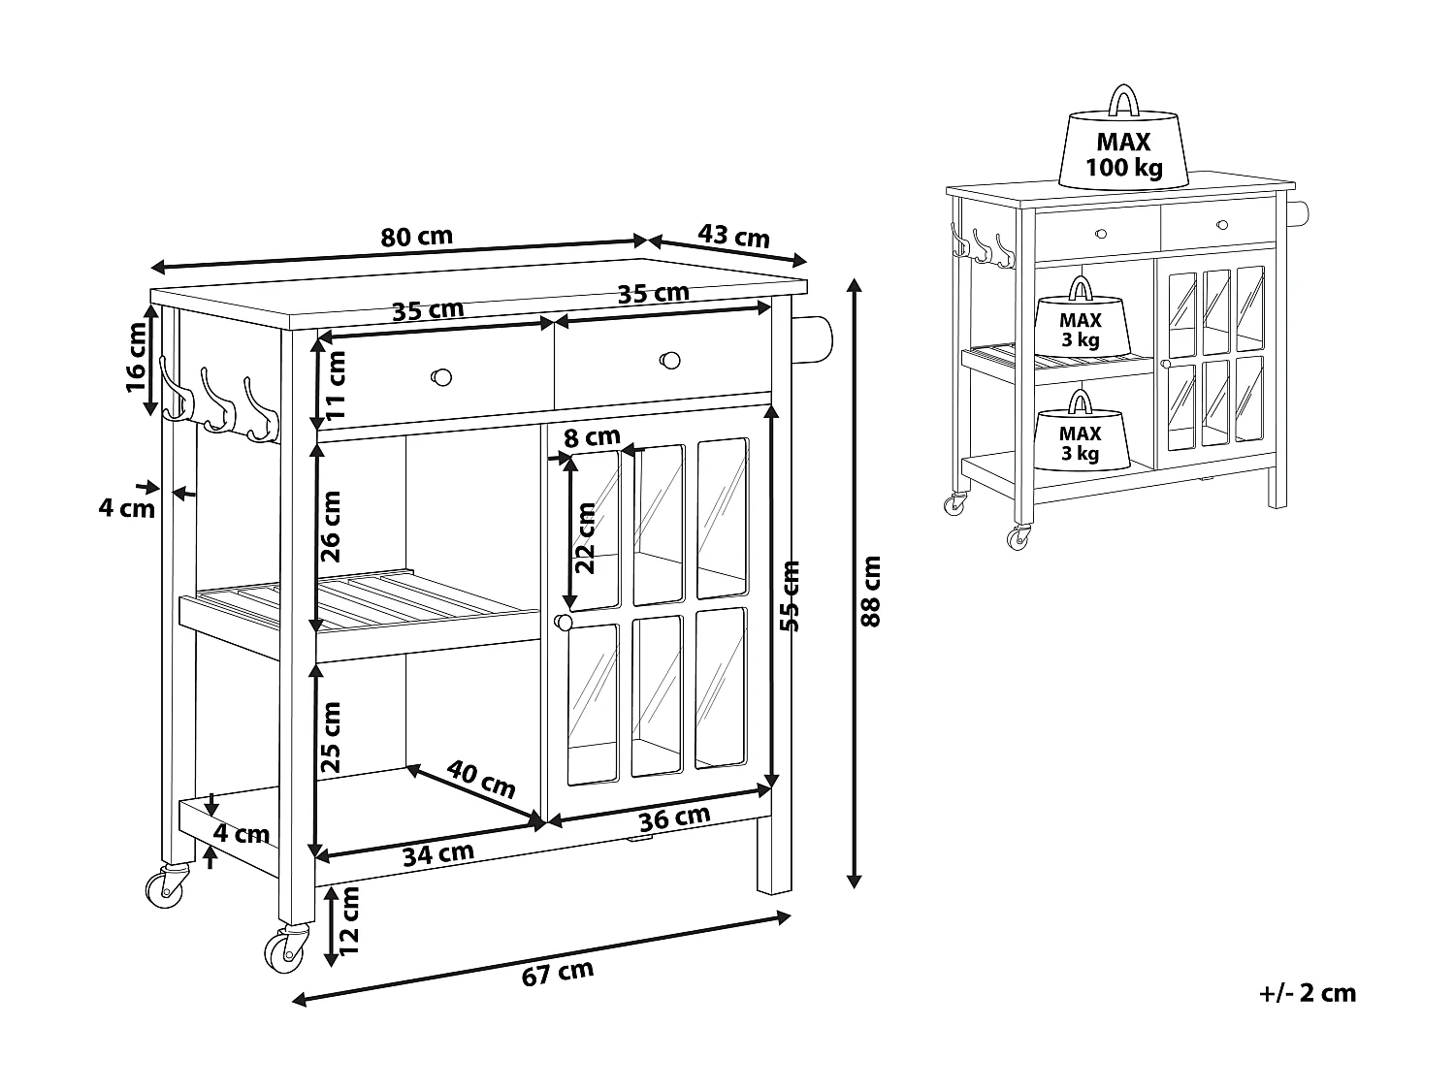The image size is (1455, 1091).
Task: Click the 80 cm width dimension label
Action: (x=416, y=236)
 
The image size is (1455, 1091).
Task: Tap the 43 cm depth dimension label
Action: (x=732, y=236)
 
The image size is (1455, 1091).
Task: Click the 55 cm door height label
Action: (x=791, y=596)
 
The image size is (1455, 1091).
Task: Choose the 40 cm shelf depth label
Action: (x=481, y=779)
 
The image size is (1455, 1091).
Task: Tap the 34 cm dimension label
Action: (x=437, y=853)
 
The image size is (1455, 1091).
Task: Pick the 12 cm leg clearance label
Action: (x=349, y=916)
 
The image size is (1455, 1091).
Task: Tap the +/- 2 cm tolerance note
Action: (x=1307, y=992)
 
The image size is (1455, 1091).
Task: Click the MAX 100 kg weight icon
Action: (x=1123, y=141)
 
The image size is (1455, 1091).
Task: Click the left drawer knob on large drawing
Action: (x=441, y=375)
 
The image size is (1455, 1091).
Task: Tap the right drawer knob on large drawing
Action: (x=668, y=360)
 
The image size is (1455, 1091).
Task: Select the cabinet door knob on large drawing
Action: (x=563, y=622)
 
